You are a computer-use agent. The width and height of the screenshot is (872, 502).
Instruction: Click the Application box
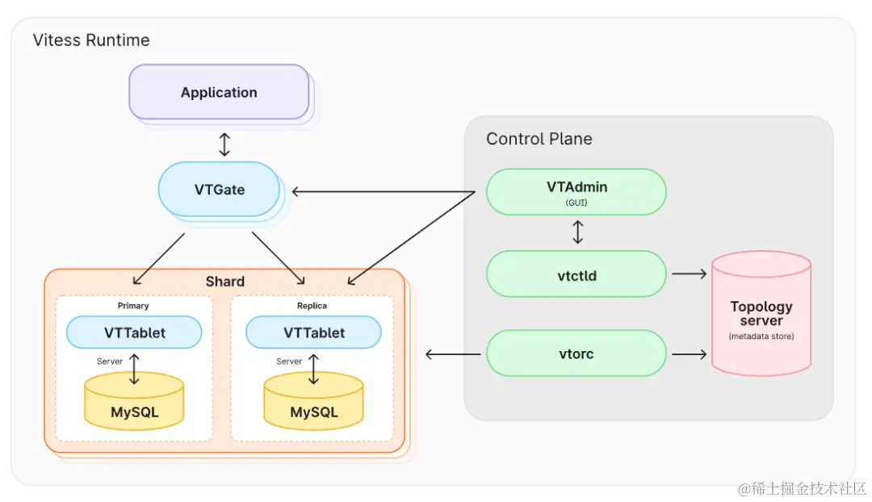click(219, 92)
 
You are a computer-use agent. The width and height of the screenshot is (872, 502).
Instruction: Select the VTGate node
click(219, 190)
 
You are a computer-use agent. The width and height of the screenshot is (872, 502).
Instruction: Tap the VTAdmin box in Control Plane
click(576, 191)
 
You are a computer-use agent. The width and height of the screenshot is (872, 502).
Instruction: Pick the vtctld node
click(576, 274)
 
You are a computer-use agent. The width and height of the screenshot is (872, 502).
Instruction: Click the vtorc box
click(576, 353)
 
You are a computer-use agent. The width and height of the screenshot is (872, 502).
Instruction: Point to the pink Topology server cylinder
click(761, 314)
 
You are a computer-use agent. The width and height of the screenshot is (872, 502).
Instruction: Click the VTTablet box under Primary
click(133, 333)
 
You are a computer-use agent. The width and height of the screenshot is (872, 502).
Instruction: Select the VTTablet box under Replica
click(313, 333)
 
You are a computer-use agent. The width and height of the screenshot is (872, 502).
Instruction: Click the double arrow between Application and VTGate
click(224, 144)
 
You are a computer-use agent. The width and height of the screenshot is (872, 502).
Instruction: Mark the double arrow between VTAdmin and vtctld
click(577, 232)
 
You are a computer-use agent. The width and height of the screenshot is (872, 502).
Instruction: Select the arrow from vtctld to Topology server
click(689, 274)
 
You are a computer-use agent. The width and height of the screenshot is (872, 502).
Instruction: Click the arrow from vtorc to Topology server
click(689, 353)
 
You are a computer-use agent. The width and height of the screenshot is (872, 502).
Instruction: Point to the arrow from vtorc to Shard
click(453, 353)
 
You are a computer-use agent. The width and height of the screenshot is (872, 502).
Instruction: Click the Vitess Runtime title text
click(90, 40)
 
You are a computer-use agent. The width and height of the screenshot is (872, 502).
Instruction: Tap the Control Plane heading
click(539, 139)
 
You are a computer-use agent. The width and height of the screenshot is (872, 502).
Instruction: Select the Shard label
click(224, 282)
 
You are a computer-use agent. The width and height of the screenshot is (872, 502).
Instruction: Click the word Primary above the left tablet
click(133, 306)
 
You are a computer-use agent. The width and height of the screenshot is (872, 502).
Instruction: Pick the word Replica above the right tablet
click(312, 306)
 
